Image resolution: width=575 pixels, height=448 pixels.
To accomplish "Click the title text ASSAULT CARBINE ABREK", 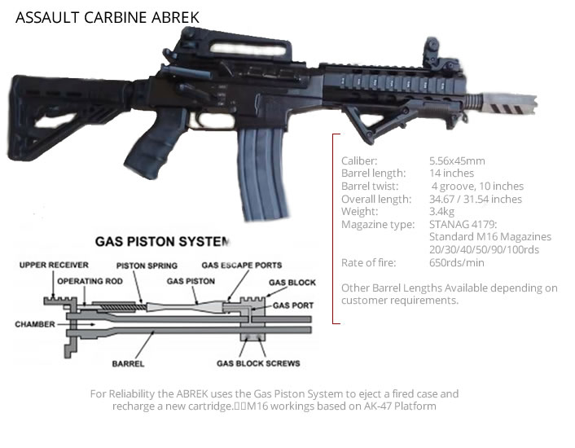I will (x=107, y=17).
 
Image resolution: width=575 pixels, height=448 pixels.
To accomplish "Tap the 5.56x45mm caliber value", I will (x=457, y=161).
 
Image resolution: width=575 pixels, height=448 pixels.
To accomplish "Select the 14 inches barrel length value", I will (x=451, y=173).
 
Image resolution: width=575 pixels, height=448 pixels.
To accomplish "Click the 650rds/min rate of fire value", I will (x=456, y=262).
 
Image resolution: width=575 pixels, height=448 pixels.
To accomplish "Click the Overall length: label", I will (x=375, y=199).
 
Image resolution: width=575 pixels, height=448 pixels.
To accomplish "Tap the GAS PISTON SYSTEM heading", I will (x=163, y=242).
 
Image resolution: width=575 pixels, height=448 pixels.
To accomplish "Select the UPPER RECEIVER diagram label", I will (x=55, y=266).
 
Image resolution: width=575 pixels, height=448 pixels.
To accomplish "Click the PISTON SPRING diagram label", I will (x=147, y=266).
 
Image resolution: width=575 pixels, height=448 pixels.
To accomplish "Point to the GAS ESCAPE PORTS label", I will (x=242, y=266).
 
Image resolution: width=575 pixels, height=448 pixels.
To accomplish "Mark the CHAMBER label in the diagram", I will (x=34, y=324).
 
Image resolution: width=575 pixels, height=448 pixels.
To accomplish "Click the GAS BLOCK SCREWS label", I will (x=257, y=362).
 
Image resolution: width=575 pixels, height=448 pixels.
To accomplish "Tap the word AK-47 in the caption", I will (x=367, y=406).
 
